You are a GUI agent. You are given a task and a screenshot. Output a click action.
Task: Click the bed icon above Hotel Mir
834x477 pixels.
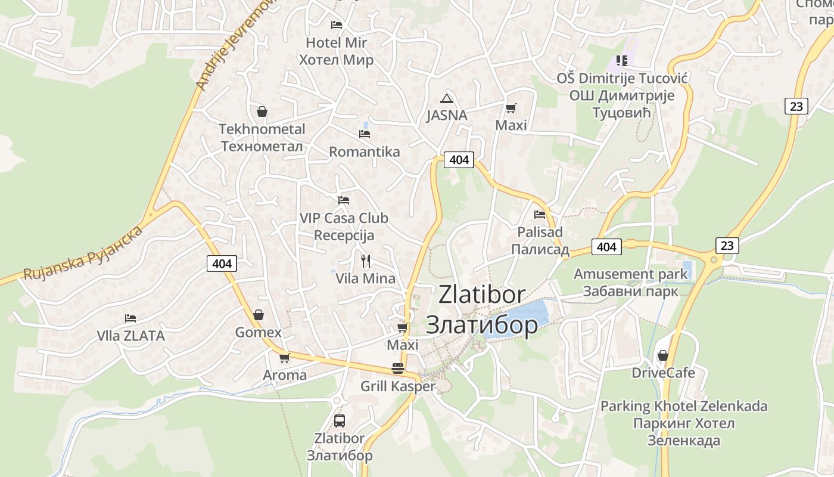(x=337, y=25)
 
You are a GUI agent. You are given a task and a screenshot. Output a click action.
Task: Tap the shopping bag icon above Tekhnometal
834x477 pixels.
(x=262, y=111)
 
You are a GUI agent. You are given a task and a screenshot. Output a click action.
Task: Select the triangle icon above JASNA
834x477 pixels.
(x=446, y=98)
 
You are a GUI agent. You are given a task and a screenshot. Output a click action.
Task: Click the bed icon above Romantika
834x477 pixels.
(x=365, y=134)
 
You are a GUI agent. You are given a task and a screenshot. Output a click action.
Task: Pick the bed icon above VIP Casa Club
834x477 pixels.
(x=344, y=200)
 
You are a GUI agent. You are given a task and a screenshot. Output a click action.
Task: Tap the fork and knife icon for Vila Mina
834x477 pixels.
(x=366, y=261)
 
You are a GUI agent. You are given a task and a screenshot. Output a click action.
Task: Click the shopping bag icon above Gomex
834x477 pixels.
(x=259, y=315)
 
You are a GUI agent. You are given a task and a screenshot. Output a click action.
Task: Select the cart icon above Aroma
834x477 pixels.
(x=284, y=358)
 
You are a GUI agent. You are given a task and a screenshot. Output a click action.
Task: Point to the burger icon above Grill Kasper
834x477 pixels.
(x=398, y=368)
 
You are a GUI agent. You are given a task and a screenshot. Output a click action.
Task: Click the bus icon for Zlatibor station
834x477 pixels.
(x=340, y=421)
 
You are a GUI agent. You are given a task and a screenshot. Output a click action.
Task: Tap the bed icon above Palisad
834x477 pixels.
(x=540, y=215)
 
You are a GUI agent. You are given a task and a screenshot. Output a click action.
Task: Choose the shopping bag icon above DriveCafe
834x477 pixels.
(x=662, y=356)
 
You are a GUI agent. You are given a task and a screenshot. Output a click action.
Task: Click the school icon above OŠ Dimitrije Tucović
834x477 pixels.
(x=622, y=60)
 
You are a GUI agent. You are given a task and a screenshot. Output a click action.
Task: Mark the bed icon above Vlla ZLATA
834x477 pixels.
(x=130, y=318)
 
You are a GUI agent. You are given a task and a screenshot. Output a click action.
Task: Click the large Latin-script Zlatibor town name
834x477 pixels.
(x=482, y=295)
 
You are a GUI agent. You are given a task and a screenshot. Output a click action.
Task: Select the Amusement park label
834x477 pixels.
(x=630, y=274)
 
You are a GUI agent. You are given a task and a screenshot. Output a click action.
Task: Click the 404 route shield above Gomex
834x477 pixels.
(x=222, y=263)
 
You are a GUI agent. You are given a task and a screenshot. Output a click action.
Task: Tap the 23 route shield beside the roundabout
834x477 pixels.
(x=727, y=245)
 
